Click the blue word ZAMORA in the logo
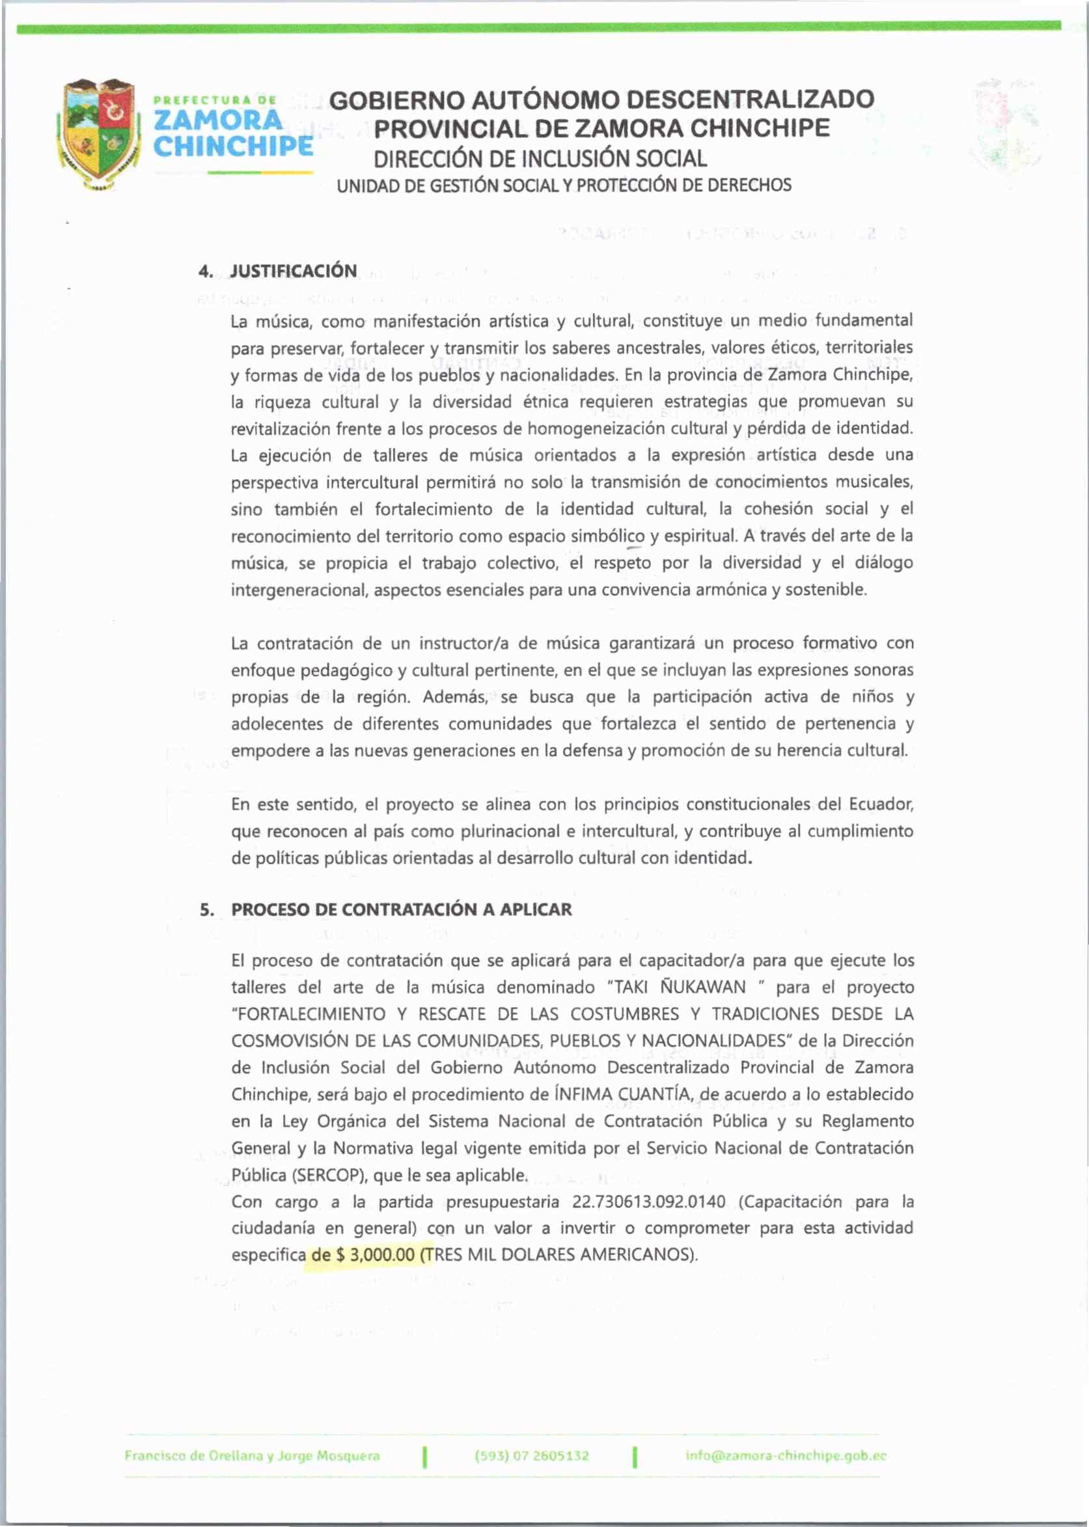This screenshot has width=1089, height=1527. [219, 120]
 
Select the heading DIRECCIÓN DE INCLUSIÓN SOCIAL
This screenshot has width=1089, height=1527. [540, 159]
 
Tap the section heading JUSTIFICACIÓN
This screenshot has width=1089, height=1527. [293, 271]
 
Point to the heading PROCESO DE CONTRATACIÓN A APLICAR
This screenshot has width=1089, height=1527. [401, 909]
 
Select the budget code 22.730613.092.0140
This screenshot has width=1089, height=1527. [648, 1201]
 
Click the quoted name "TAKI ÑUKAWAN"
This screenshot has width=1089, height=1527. [676, 987]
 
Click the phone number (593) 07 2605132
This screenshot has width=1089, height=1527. [532, 1456]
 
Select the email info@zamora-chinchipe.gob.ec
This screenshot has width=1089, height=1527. [786, 1456]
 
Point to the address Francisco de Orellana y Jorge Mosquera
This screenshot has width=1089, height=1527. [252, 1456]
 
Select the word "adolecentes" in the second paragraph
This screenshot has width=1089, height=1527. [276, 724]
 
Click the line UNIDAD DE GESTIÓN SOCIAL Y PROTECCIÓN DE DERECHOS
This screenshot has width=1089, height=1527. [563, 185]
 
